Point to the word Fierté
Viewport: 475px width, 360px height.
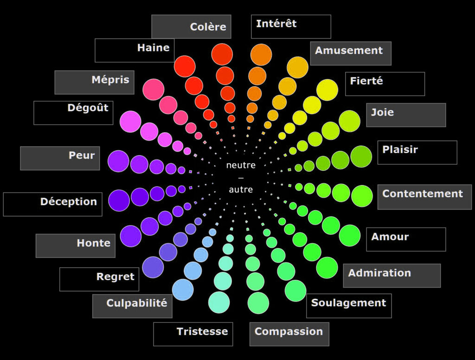(x=366, y=81)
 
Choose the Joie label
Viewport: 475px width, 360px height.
(x=383, y=112)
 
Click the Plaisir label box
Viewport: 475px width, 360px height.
(x=400, y=150)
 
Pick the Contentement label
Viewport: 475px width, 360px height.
(x=423, y=194)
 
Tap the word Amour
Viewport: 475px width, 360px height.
(x=390, y=237)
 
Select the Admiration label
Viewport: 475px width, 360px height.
(x=379, y=273)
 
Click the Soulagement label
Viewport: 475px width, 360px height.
(x=348, y=303)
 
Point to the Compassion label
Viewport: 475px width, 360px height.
(x=289, y=332)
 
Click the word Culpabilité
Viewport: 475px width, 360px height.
(x=136, y=303)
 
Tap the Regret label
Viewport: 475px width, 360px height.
(x=115, y=277)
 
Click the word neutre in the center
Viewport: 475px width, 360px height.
(x=241, y=165)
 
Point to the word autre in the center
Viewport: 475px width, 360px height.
(x=241, y=190)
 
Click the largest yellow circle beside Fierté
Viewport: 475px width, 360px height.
(x=327, y=90)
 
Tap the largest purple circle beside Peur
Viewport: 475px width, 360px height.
(x=118, y=161)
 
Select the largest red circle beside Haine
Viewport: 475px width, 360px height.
(x=185, y=66)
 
